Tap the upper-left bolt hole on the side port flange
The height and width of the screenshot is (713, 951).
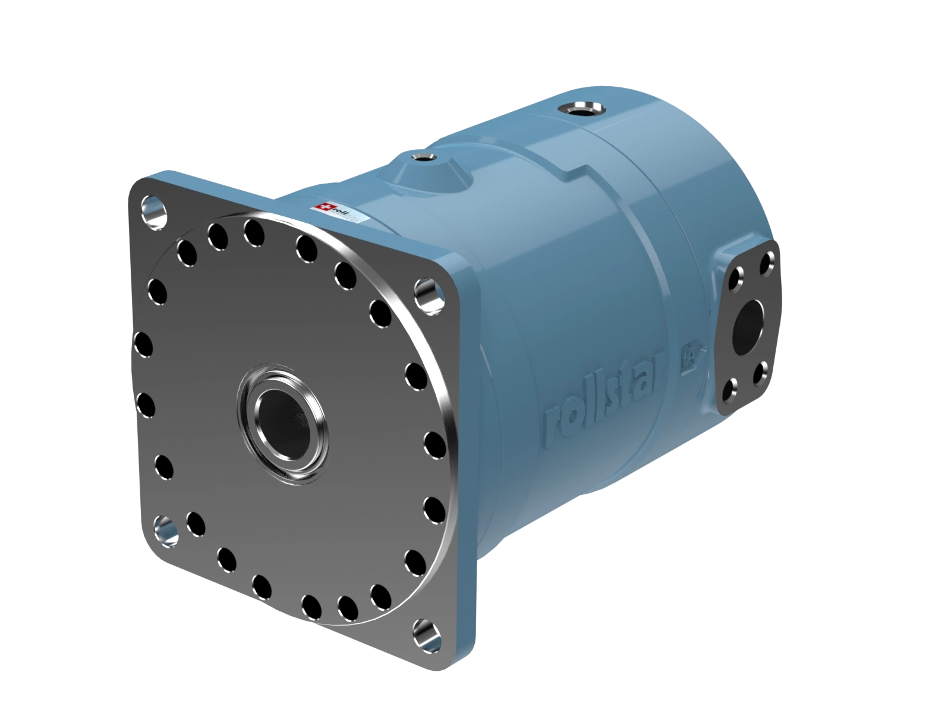coord(737,277)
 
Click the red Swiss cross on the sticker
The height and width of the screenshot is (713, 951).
coord(323,207)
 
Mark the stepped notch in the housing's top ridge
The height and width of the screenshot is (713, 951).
coord(574,173)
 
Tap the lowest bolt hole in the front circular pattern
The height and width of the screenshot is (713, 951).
coord(311,606)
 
